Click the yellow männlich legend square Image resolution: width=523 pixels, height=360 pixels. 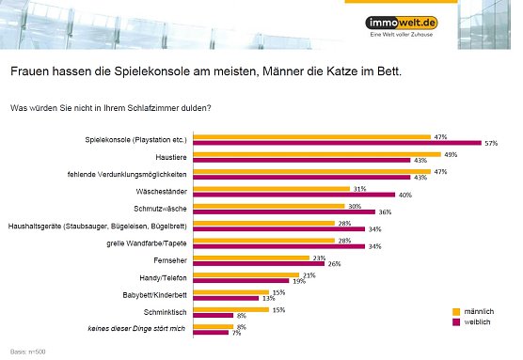[457, 309]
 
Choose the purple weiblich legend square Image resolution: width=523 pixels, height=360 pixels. [457, 321]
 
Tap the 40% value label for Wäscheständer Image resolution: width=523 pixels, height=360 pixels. [377, 195]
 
